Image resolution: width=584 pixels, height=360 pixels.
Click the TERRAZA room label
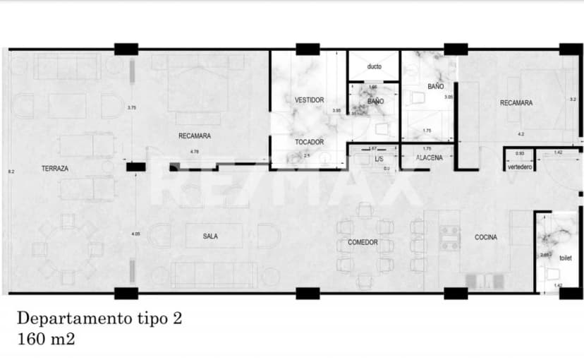point(54,169)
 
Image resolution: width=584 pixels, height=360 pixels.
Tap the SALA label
point(209,236)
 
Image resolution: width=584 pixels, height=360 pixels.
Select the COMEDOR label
point(363,242)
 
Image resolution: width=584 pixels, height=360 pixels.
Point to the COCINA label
point(485,237)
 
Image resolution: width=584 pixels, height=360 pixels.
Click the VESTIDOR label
point(309,100)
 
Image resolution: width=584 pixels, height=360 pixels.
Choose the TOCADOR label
point(309,142)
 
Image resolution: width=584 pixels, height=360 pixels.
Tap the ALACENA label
point(429,158)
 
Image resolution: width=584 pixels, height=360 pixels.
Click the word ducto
point(374,67)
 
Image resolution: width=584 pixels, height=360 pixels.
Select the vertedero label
point(519,167)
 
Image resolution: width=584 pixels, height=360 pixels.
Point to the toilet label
point(566,258)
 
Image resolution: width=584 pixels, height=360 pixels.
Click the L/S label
point(379,158)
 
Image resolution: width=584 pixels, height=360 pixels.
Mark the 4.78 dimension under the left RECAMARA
point(194,152)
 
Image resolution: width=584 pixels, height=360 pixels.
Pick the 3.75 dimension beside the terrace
point(130,108)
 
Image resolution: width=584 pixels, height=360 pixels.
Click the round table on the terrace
point(68,249)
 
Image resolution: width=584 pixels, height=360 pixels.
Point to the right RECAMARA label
point(516,103)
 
